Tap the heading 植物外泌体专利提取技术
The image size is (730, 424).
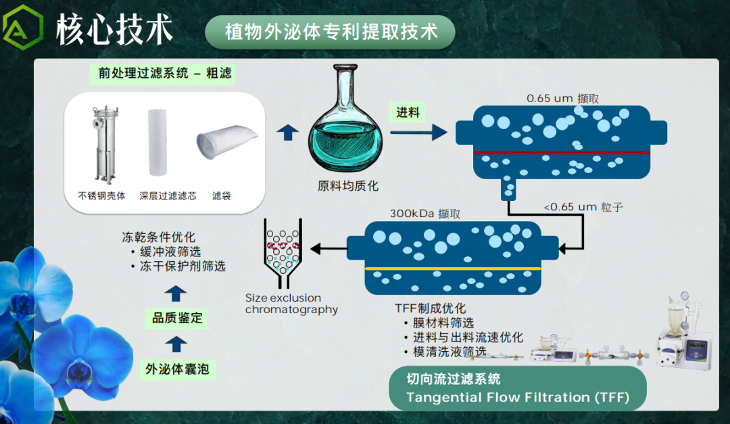point(331,32)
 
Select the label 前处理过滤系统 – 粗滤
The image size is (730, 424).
point(165,74)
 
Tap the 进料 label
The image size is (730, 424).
point(408,112)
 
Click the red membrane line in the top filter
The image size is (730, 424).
point(561,153)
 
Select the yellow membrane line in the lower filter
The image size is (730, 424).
point(453,269)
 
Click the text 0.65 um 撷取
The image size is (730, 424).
point(562,98)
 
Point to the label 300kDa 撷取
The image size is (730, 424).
point(425,214)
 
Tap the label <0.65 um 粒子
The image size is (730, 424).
point(583,207)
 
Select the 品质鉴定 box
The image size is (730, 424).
point(177,318)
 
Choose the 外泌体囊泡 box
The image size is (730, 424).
point(177,369)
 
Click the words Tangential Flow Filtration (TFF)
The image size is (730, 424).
point(518,397)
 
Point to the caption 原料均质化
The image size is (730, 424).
point(347,185)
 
